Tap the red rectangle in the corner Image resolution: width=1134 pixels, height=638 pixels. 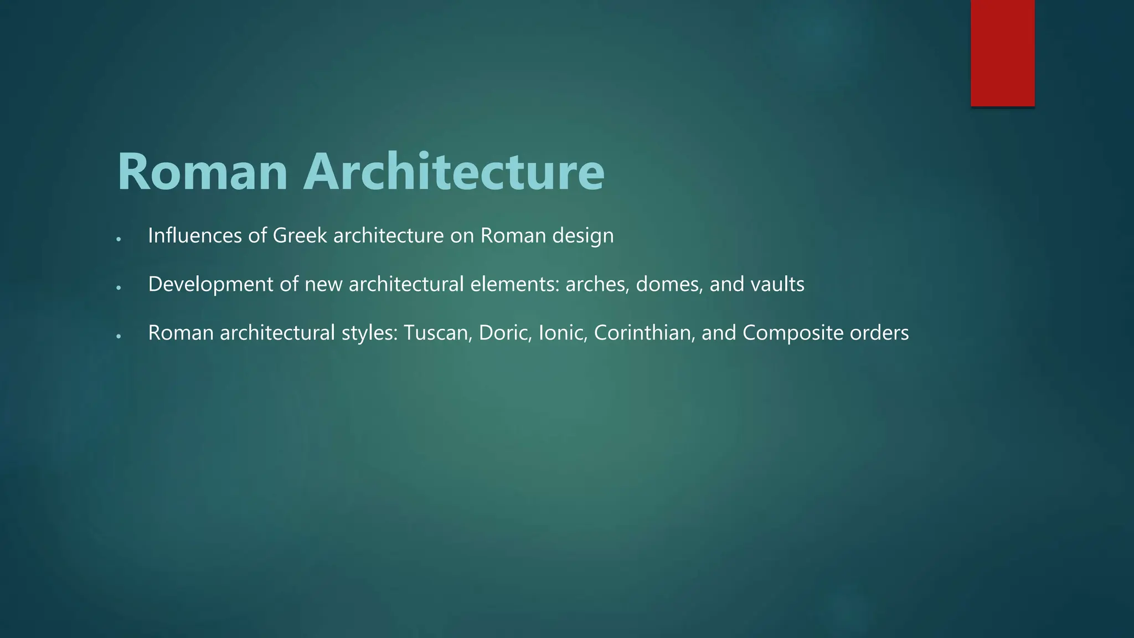(x=1002, y=53)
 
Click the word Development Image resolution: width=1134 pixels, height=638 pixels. (x=218, y=284)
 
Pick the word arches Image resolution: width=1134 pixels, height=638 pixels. (x=597, y=284)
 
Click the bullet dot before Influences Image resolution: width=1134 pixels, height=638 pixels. (x=118, y=239)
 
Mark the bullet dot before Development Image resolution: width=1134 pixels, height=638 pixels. (x=118, y=288)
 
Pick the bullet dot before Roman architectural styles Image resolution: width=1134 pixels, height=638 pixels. (x=118, y=336)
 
